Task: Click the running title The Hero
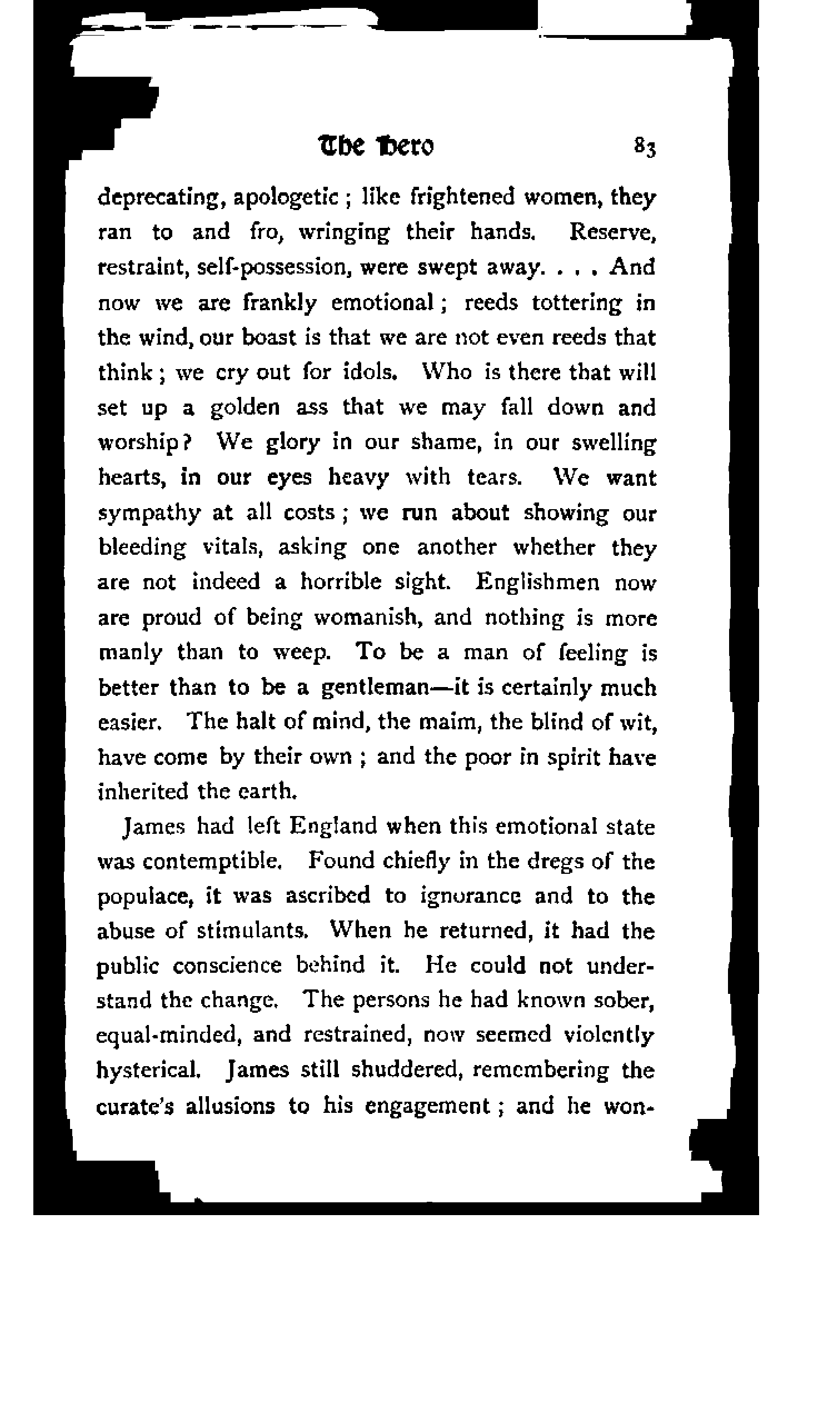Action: coord(376,146)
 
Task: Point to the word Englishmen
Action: coord(538,583)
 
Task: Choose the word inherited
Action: coord(143,792)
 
